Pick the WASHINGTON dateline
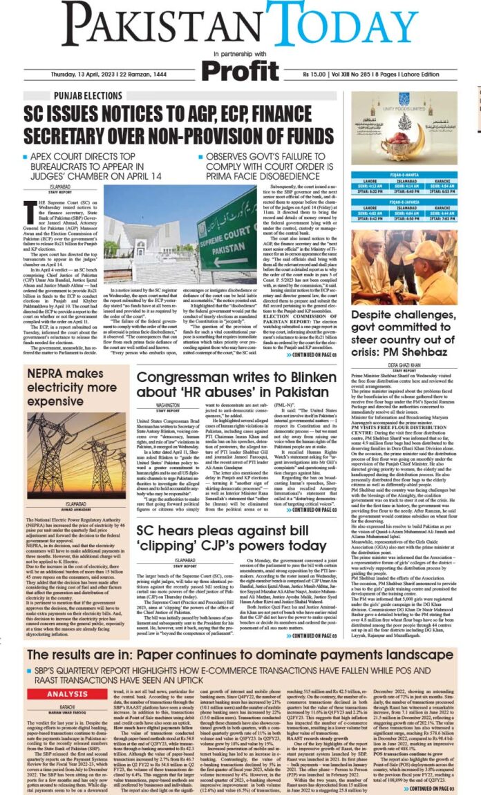[x=167, y=406]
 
